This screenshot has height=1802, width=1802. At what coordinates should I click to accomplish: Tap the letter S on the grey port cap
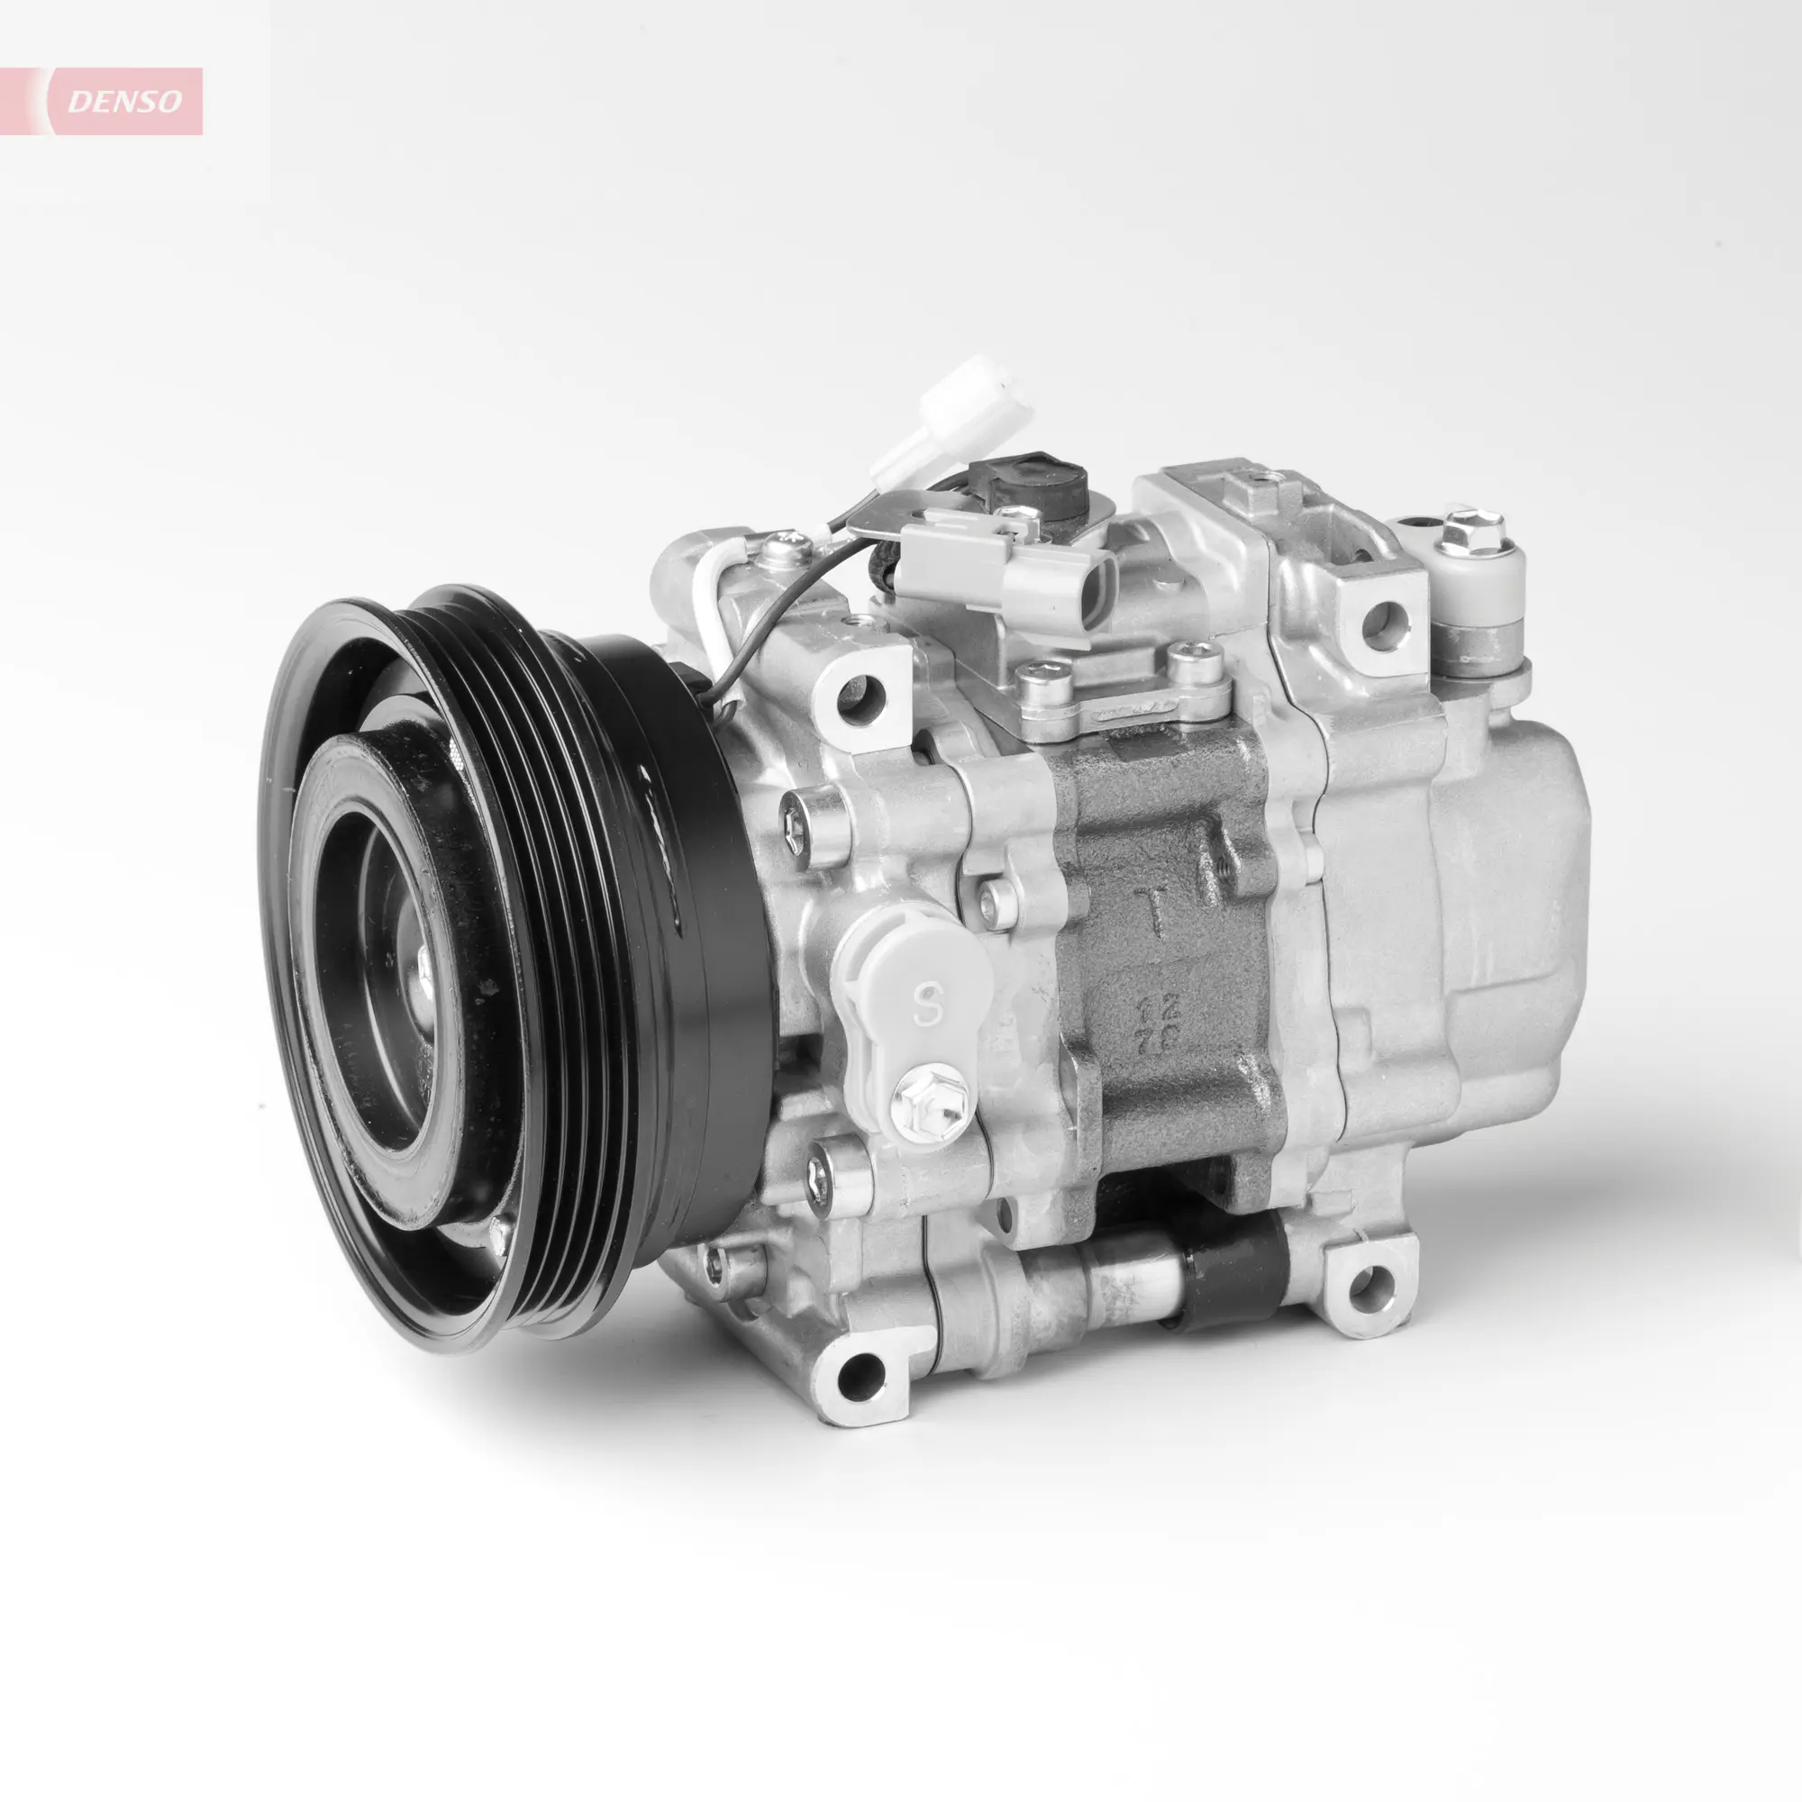(x=925, y=1006)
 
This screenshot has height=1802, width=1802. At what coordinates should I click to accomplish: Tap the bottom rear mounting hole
(x=1362, y=1288)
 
